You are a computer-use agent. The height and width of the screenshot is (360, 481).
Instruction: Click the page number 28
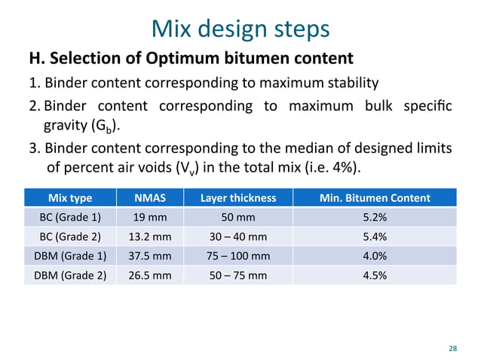pos(452,348)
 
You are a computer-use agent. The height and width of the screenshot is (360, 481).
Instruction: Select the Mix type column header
pos(70,198)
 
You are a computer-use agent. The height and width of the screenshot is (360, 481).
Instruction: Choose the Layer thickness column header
pos(237,198)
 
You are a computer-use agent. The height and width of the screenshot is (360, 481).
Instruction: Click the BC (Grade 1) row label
pos(70,218)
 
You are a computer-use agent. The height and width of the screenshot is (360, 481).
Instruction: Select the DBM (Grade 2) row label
pos(70,275)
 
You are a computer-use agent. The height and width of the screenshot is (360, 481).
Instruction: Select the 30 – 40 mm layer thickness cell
pos(237,236)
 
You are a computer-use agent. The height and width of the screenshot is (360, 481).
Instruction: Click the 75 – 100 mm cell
pos(237,256)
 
